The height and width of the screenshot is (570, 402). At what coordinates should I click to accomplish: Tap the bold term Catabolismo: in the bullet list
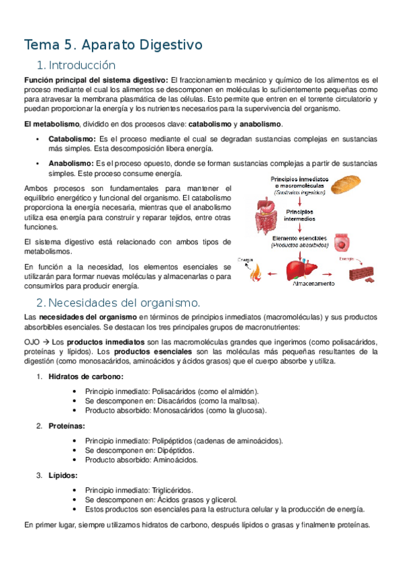pyautogui.click(x=72, y=138)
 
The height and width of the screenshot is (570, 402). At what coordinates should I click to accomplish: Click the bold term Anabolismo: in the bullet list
pyautogui.click(x=71, y=163)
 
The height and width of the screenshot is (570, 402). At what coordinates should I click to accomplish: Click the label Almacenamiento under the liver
pyautogui.click(x=312, y=284)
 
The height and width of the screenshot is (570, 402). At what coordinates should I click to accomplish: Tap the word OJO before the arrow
pyautogui.click(x=32, y=342)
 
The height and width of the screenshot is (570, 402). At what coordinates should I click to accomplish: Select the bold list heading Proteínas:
pyautogui.click(x=66, y=425)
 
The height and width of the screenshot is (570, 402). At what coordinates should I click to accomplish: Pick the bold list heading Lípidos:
pyautogui.click(x=62, y=475)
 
